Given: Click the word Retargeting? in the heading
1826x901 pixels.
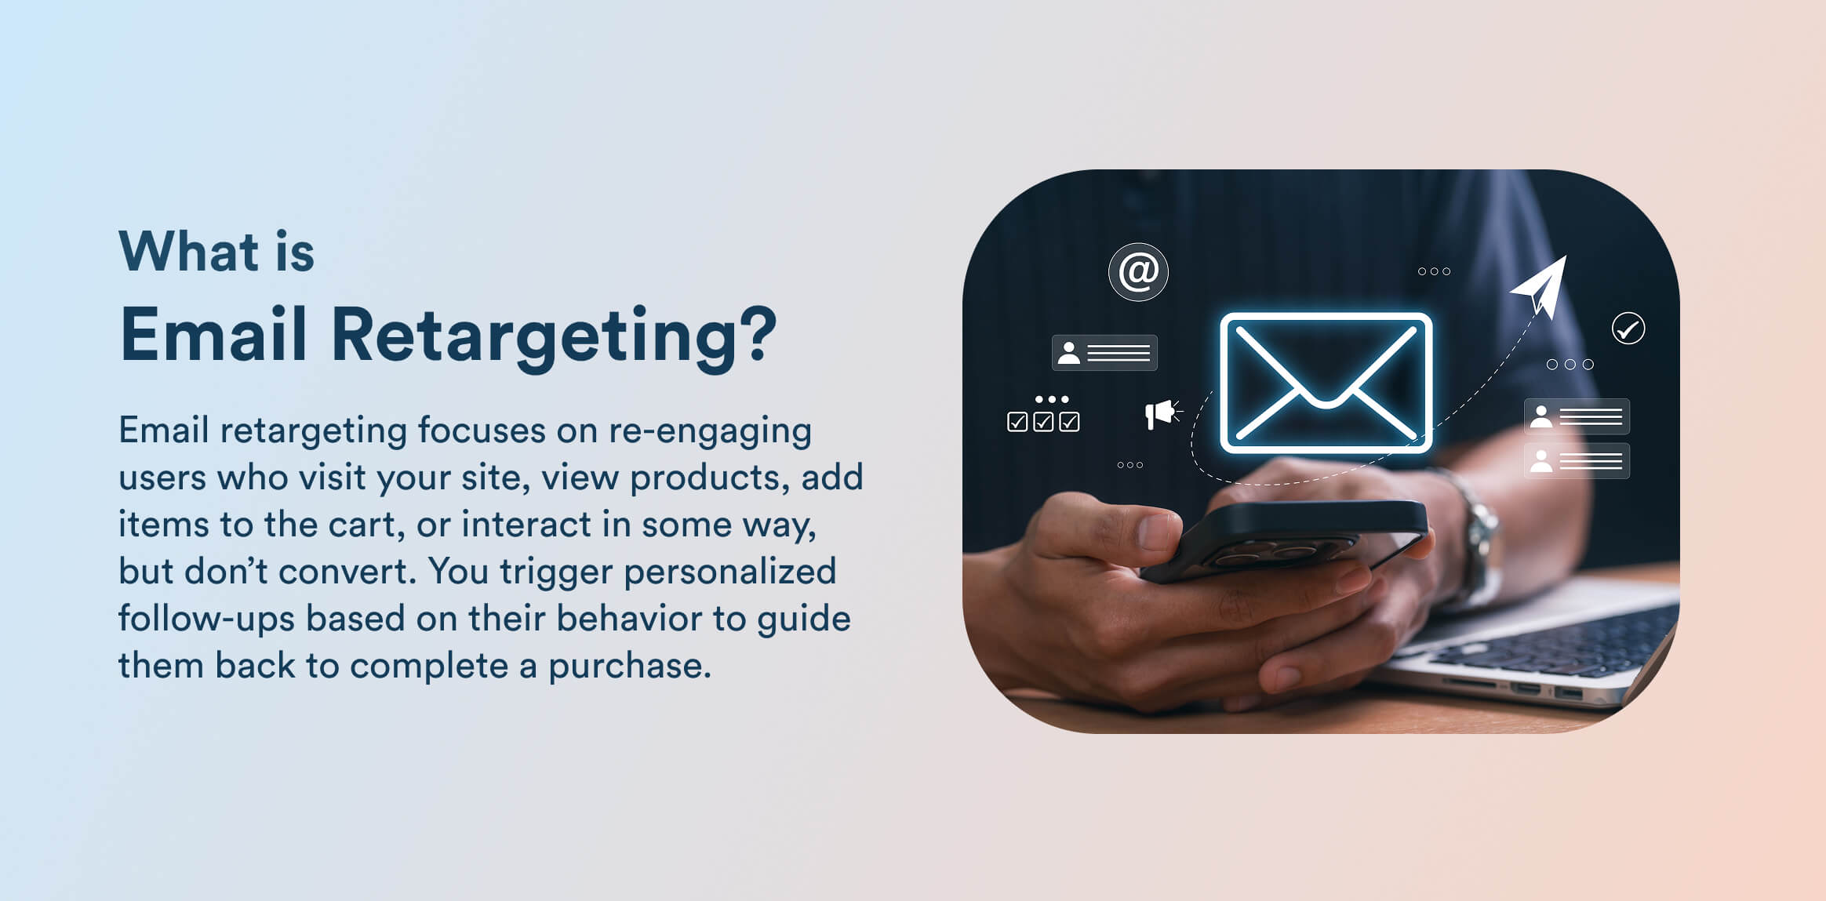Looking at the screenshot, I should (553, 336).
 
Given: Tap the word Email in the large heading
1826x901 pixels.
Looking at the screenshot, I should (213, 334).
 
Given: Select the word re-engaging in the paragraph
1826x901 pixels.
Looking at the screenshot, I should (709, 431).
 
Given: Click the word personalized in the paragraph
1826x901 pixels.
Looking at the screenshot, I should (729, 572).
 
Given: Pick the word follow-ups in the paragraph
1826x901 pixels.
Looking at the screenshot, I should (206, 619).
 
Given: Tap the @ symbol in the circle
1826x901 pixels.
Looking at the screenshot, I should (1138, 272).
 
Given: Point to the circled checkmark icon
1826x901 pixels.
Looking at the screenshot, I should (1628, 329).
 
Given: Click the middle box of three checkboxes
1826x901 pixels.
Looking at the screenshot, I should (1043, 422).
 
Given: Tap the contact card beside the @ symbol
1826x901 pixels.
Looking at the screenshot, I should (1104, 353).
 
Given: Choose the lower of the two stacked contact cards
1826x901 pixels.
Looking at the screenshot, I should (1576, 461).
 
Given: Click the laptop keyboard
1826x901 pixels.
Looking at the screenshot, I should (1561, 643).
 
